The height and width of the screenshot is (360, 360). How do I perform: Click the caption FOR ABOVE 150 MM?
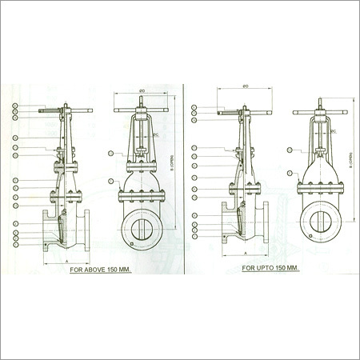point(100,270)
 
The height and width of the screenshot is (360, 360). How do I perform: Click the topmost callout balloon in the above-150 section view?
point(16,106)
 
